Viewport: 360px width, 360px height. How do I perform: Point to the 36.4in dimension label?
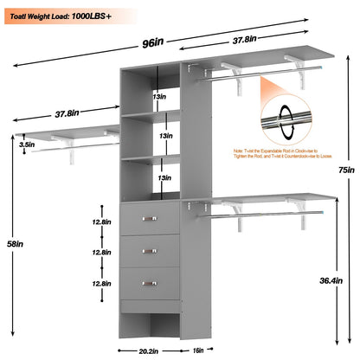pos(345,280)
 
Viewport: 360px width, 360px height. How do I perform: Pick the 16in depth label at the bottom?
pos(198,351)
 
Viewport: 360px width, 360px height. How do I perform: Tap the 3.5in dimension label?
pos(29,145)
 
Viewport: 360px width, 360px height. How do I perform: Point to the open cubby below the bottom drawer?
pos(151,325)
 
